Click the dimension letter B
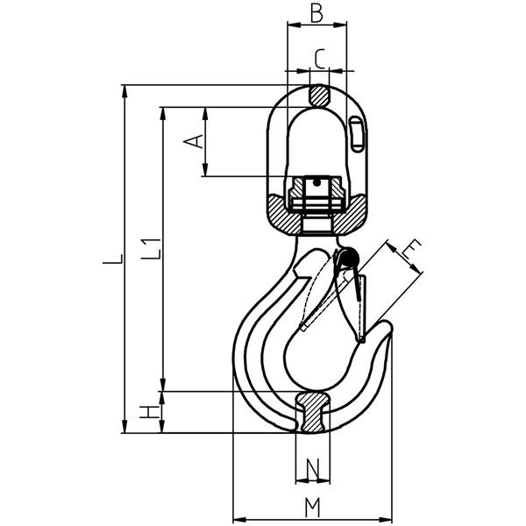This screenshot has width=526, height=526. tap(316, 14)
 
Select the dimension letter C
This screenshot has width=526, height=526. tap(320, 59)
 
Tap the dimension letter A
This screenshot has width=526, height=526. tap(194, 141)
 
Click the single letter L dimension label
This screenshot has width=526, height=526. tap(113, 259)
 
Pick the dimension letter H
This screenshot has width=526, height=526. tap(149, 412)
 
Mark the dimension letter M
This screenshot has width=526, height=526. tap(313, 508)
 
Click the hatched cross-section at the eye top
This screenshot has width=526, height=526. tap(319, 95)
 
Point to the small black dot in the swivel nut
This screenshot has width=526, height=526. tap(316, 183)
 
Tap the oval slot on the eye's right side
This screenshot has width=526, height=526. tap(356, 134)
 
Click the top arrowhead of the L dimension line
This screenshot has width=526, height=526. tap(124, 91)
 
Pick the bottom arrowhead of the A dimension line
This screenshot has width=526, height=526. tap(205, 169)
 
